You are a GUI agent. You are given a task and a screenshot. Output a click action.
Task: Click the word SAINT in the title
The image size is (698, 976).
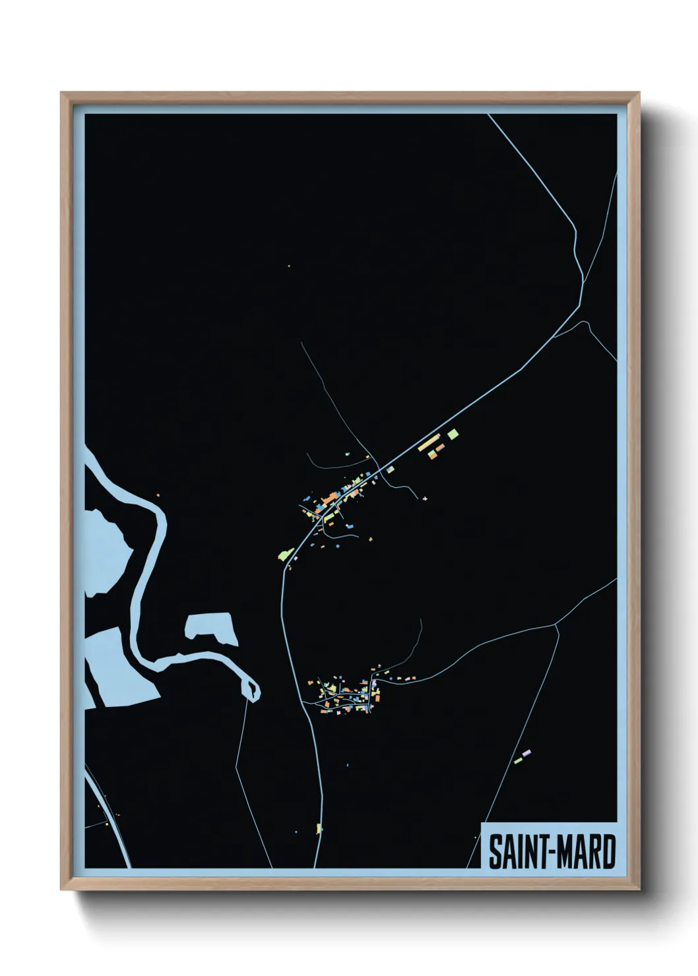511,852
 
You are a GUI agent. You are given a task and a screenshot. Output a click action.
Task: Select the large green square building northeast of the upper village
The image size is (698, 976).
453,434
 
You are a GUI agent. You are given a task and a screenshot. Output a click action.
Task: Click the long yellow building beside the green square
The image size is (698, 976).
428,442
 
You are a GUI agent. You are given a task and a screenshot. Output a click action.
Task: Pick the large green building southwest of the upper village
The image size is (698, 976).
286,555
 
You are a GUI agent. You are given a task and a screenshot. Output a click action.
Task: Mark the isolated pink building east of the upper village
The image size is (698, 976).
425,499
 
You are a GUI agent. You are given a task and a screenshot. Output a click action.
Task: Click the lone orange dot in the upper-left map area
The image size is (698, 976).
289,266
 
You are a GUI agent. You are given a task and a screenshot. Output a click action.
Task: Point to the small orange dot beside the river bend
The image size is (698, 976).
158,495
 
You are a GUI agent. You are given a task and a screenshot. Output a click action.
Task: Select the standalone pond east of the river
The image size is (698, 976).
212,628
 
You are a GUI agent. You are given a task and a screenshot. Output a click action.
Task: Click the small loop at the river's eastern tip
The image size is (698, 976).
253,689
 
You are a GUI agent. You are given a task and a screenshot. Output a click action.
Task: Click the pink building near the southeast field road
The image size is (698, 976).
526,752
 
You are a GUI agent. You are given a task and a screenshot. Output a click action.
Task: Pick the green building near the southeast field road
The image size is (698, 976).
519,760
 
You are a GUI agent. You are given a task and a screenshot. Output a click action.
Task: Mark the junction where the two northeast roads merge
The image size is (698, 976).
582,282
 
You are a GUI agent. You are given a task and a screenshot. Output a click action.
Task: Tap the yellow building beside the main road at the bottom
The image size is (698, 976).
319,828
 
